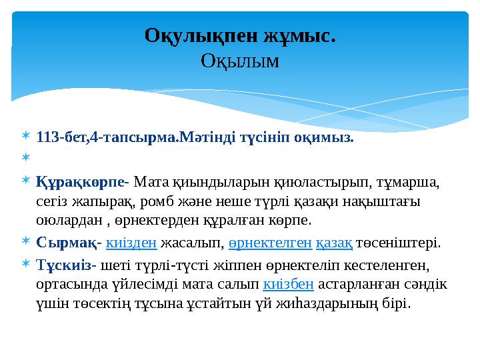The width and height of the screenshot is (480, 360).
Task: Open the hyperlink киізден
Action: (131, 243)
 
